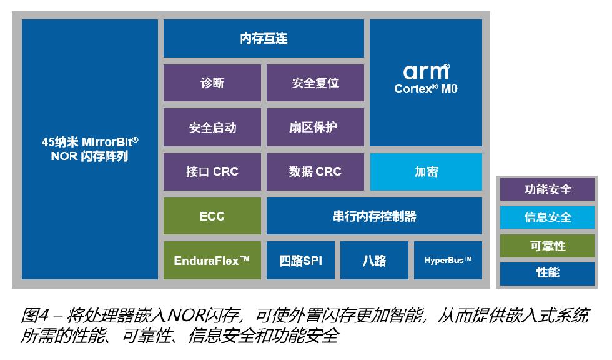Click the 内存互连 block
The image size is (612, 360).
pos(264,38)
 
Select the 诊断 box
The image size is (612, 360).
pos(212,82)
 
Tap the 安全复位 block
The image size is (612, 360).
pos(315,82)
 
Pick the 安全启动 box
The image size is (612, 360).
pos(212,127)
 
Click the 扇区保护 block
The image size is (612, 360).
pos(315,127)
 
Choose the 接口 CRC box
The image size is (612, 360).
pos(212,172)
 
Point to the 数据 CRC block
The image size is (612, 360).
pos(315,172)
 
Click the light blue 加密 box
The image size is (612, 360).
pos(426,172)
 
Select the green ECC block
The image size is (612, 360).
pos(212,216)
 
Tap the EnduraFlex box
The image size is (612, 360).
pos(212,260)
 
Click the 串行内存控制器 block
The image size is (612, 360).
pos(374,216)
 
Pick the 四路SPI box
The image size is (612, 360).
pos(300,260)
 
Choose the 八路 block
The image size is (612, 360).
pos(374,260)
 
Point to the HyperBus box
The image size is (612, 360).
pos(448,260)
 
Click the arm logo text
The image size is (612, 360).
pos(426,72)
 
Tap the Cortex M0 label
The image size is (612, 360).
pos(426,89)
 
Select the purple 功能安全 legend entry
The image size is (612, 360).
pos(547,189)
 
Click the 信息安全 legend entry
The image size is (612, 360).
pos(547,217)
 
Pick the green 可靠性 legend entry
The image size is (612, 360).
pos(547,246)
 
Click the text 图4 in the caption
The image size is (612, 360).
pos(35,316)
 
